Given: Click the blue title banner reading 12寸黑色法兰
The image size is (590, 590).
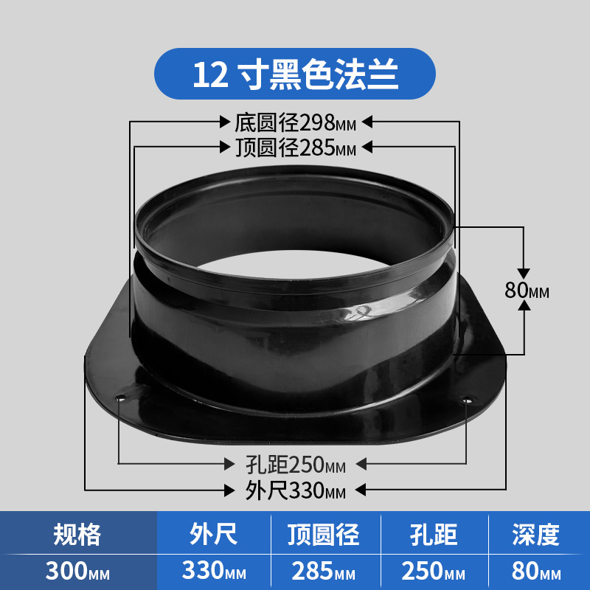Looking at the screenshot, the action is pyautogui.click(x=294, y=74).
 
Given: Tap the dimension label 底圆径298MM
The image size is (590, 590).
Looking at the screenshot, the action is pyautogui.click(x=296, y=122).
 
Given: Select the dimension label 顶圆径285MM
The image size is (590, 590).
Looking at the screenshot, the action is pyautogui.click(x=296, y=147).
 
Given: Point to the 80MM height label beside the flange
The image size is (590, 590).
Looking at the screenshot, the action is pyautogui.click(x=527, y=290).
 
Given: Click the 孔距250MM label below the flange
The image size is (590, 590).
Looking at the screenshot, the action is pyautogui.click(x=296, y=465).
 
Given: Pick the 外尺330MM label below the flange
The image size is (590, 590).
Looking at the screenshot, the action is pyautogui.click(x=296, y=490).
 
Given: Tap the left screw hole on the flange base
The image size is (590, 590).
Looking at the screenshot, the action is pyautogui.click(x=121, y=398).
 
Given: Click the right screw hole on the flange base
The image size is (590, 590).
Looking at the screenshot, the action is pyautogui.click(x=467, y=400).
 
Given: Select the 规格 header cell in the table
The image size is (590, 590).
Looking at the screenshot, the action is pyautogui.click(x=77, y=534).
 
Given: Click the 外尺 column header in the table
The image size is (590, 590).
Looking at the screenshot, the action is pyautogui.click(x=213, y=534).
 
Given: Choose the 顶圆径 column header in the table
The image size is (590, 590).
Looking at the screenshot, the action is pyautogui.click(x=324, y=534).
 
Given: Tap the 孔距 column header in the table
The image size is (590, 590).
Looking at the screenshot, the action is pyautogui.click(x=434, y=534).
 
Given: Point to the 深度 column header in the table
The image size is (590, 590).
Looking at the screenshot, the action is pyautogui.click(x=536, y=534).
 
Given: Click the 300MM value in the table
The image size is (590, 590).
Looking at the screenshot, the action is pyautogui.click(x=77, y=571).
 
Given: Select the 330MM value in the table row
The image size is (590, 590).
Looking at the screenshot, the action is pyautogui.click(x=214, y=570).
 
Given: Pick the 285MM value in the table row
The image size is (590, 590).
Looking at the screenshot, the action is pyautogui.click(x=324, y=571).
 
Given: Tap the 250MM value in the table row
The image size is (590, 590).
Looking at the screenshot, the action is pyautogui.click(x=434, y=571).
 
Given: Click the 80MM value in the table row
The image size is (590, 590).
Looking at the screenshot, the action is pyautogui.click(x=536, y=571).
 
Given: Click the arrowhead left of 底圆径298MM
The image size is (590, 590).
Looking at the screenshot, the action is pyautogui.click(x=225, y=122).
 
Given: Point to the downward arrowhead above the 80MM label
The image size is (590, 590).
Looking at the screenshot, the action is pyautogui.click(x=524, y=274).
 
